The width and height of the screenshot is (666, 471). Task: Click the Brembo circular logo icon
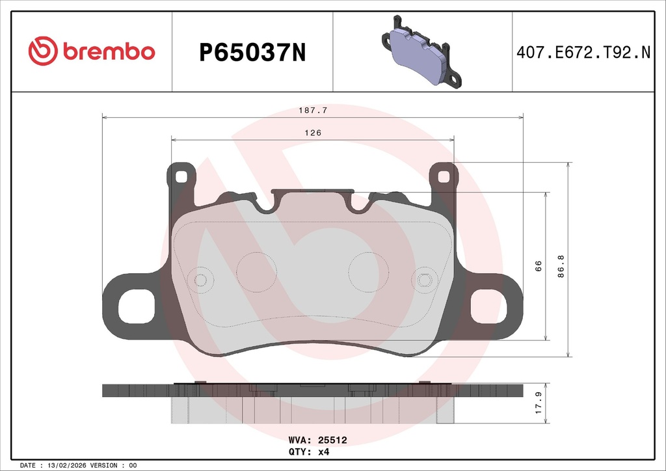43,51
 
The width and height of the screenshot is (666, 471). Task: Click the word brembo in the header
109,51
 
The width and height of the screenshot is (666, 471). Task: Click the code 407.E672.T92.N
583,53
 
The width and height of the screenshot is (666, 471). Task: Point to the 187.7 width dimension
313,111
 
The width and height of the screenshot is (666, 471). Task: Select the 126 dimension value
313,133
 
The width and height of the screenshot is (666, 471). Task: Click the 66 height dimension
538,266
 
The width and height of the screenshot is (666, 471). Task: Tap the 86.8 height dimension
561,266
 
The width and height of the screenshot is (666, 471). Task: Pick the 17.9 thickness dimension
539,403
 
